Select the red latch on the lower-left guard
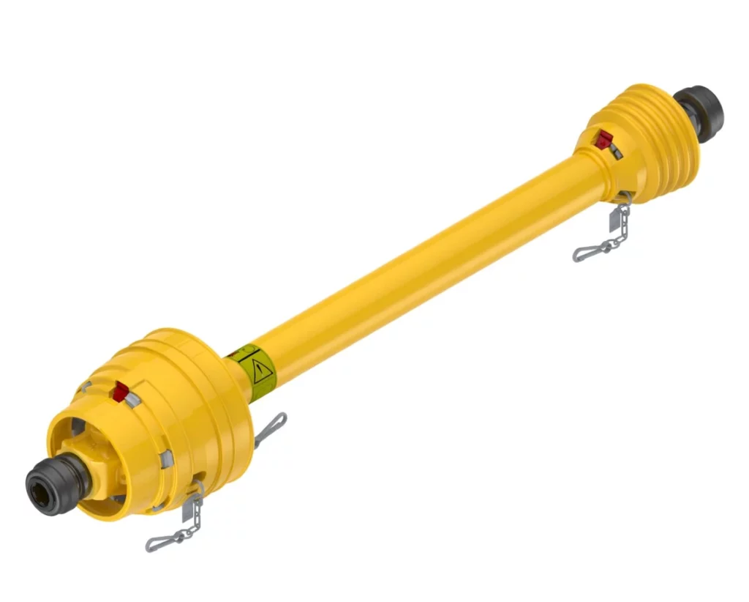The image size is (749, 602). tap(120, 392)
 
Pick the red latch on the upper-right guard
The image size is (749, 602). tap(603, 139)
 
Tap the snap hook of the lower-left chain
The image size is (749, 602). tap(165, 540)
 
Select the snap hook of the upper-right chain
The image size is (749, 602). tap(591, 251)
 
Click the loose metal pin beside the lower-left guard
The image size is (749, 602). tap(270, 429)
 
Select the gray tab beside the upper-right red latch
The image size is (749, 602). tap(616, 150)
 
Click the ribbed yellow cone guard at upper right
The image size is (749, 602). tap(644, 143)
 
